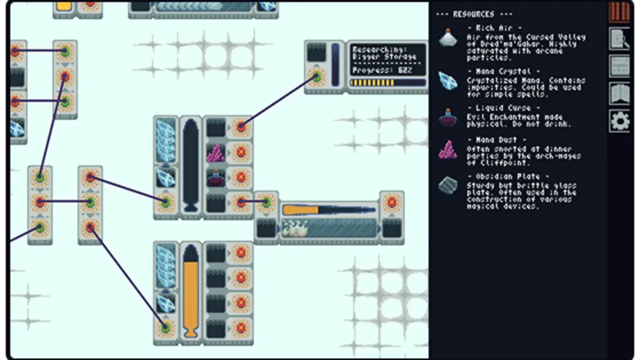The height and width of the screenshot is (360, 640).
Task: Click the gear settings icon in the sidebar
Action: tap(619, 121)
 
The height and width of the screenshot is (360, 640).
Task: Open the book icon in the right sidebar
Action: tap(619, 93)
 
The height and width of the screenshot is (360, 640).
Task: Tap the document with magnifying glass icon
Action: tap(619, 39)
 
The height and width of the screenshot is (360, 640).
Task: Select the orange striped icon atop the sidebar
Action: tap(619, 12)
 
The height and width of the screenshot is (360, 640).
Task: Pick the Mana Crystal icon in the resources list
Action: tap(448, 80)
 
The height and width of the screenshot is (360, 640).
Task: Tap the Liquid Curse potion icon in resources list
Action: tap(448, 117)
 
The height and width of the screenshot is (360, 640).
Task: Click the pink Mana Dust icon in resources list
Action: tap(448, 149)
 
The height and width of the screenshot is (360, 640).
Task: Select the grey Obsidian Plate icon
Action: tap(448, 186)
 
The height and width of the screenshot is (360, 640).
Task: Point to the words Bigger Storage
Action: tap(384, 56)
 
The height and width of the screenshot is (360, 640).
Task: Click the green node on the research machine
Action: tap(316, 77)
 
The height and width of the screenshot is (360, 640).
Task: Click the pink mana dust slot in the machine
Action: tap(216, 152)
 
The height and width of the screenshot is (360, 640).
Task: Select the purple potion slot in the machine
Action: tap(216, 178)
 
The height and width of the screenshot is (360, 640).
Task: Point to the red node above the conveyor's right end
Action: tap(391, 202)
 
